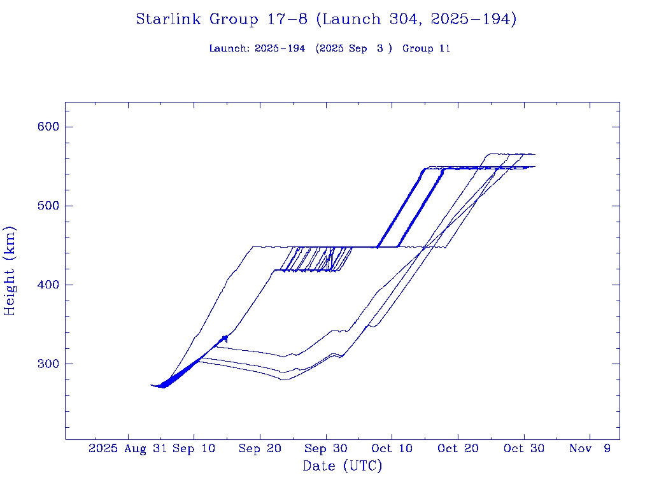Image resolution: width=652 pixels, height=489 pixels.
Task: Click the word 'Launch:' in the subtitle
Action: point(230,48)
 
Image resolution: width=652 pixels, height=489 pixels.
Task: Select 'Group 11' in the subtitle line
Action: point(426,48)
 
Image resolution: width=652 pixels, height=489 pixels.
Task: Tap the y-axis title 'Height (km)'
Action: point(10,271)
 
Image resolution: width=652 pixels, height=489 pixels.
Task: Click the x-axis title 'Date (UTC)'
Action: point(343,466)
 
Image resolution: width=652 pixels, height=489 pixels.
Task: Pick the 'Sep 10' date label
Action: point(194,449)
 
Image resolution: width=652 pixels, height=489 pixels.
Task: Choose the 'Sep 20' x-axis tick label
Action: point(260,449)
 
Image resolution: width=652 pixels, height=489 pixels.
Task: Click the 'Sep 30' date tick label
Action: point(326,449)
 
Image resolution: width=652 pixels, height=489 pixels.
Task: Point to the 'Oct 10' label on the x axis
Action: point(392,449)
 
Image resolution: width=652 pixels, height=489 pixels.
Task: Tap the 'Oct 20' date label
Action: point(458,449)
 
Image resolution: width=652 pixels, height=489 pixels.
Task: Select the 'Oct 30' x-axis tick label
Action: point(523,449)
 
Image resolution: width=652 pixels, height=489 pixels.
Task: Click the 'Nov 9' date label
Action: point(590,449)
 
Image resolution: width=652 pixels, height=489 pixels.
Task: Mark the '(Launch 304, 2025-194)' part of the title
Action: point(418,20)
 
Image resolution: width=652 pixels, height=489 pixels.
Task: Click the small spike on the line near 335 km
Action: point(225,338)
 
